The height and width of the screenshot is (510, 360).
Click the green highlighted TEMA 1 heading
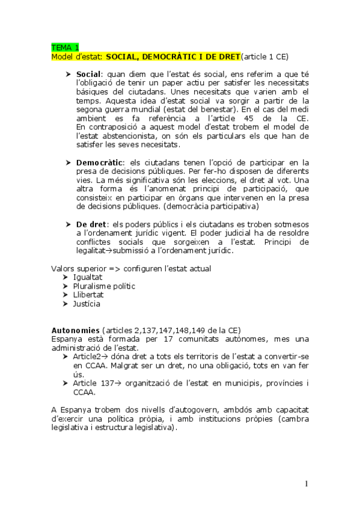pos(65,48)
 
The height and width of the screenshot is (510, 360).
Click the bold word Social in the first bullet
pos(88,73)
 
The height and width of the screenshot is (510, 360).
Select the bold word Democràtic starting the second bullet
pos(100,163)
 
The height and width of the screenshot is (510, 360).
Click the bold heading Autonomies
pos(75,330)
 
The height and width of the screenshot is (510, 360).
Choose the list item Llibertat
pos(88,295)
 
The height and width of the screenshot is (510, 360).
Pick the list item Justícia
pos(87,304)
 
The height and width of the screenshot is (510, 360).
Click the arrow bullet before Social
pos(68,73)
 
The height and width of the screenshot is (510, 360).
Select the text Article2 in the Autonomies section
pos(88,357)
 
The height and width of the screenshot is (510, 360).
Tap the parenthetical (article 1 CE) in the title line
pos(264,57)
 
